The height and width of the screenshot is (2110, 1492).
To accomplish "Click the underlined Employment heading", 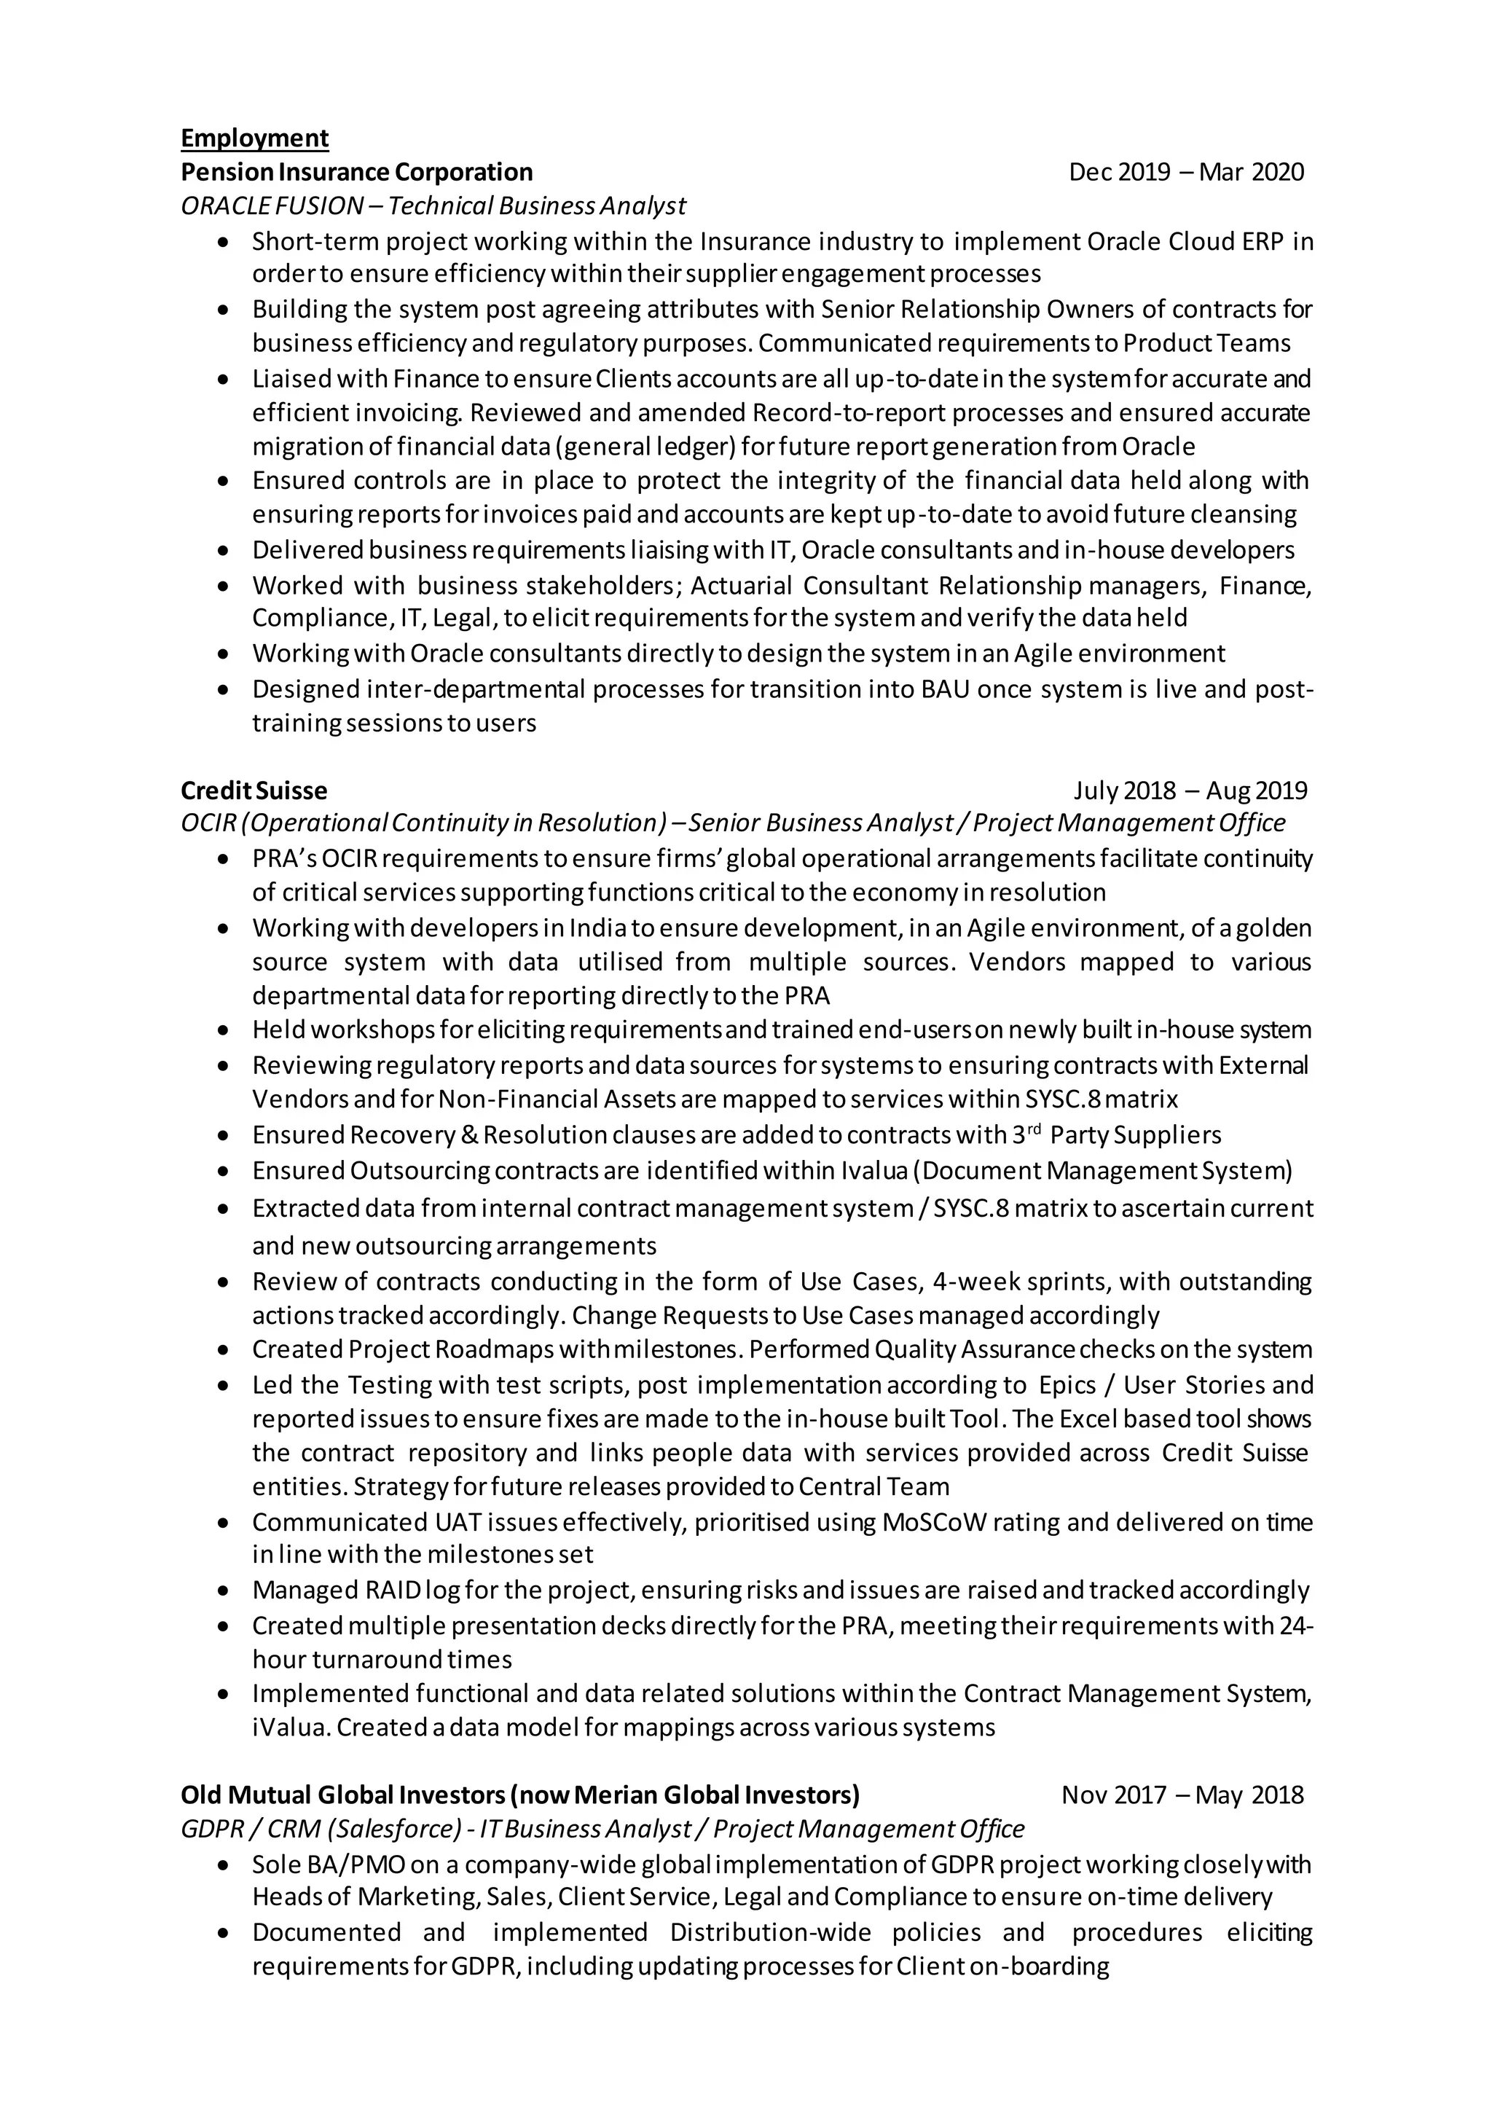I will pyautogui.click(x=254, y=138).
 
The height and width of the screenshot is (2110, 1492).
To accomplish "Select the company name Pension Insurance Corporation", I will pyautogui.click(x=356, y=172).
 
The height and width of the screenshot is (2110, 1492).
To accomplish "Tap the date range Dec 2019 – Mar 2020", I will pyautogui.click(x=1186, y=172).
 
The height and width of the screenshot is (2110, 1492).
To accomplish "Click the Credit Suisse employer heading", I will pyautogui.click(x=254, y=791).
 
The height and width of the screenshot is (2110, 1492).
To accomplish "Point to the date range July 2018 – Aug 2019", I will pyautogui.click(x=1190, y=791).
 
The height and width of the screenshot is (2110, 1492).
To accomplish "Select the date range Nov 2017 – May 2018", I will pyautogui.click(x=1182, y=1795).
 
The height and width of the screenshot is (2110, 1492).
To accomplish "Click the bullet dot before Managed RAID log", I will pyautogui.click(x=223, y=1591).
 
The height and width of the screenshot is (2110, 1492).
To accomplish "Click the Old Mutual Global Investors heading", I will pyautogui.click(x=520, y=1795).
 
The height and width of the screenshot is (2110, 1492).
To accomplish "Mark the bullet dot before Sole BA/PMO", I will pyautogui.click(x=223, y=1865).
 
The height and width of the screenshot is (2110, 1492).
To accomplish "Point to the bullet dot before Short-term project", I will pyautogui.click(x=223, y=242).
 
